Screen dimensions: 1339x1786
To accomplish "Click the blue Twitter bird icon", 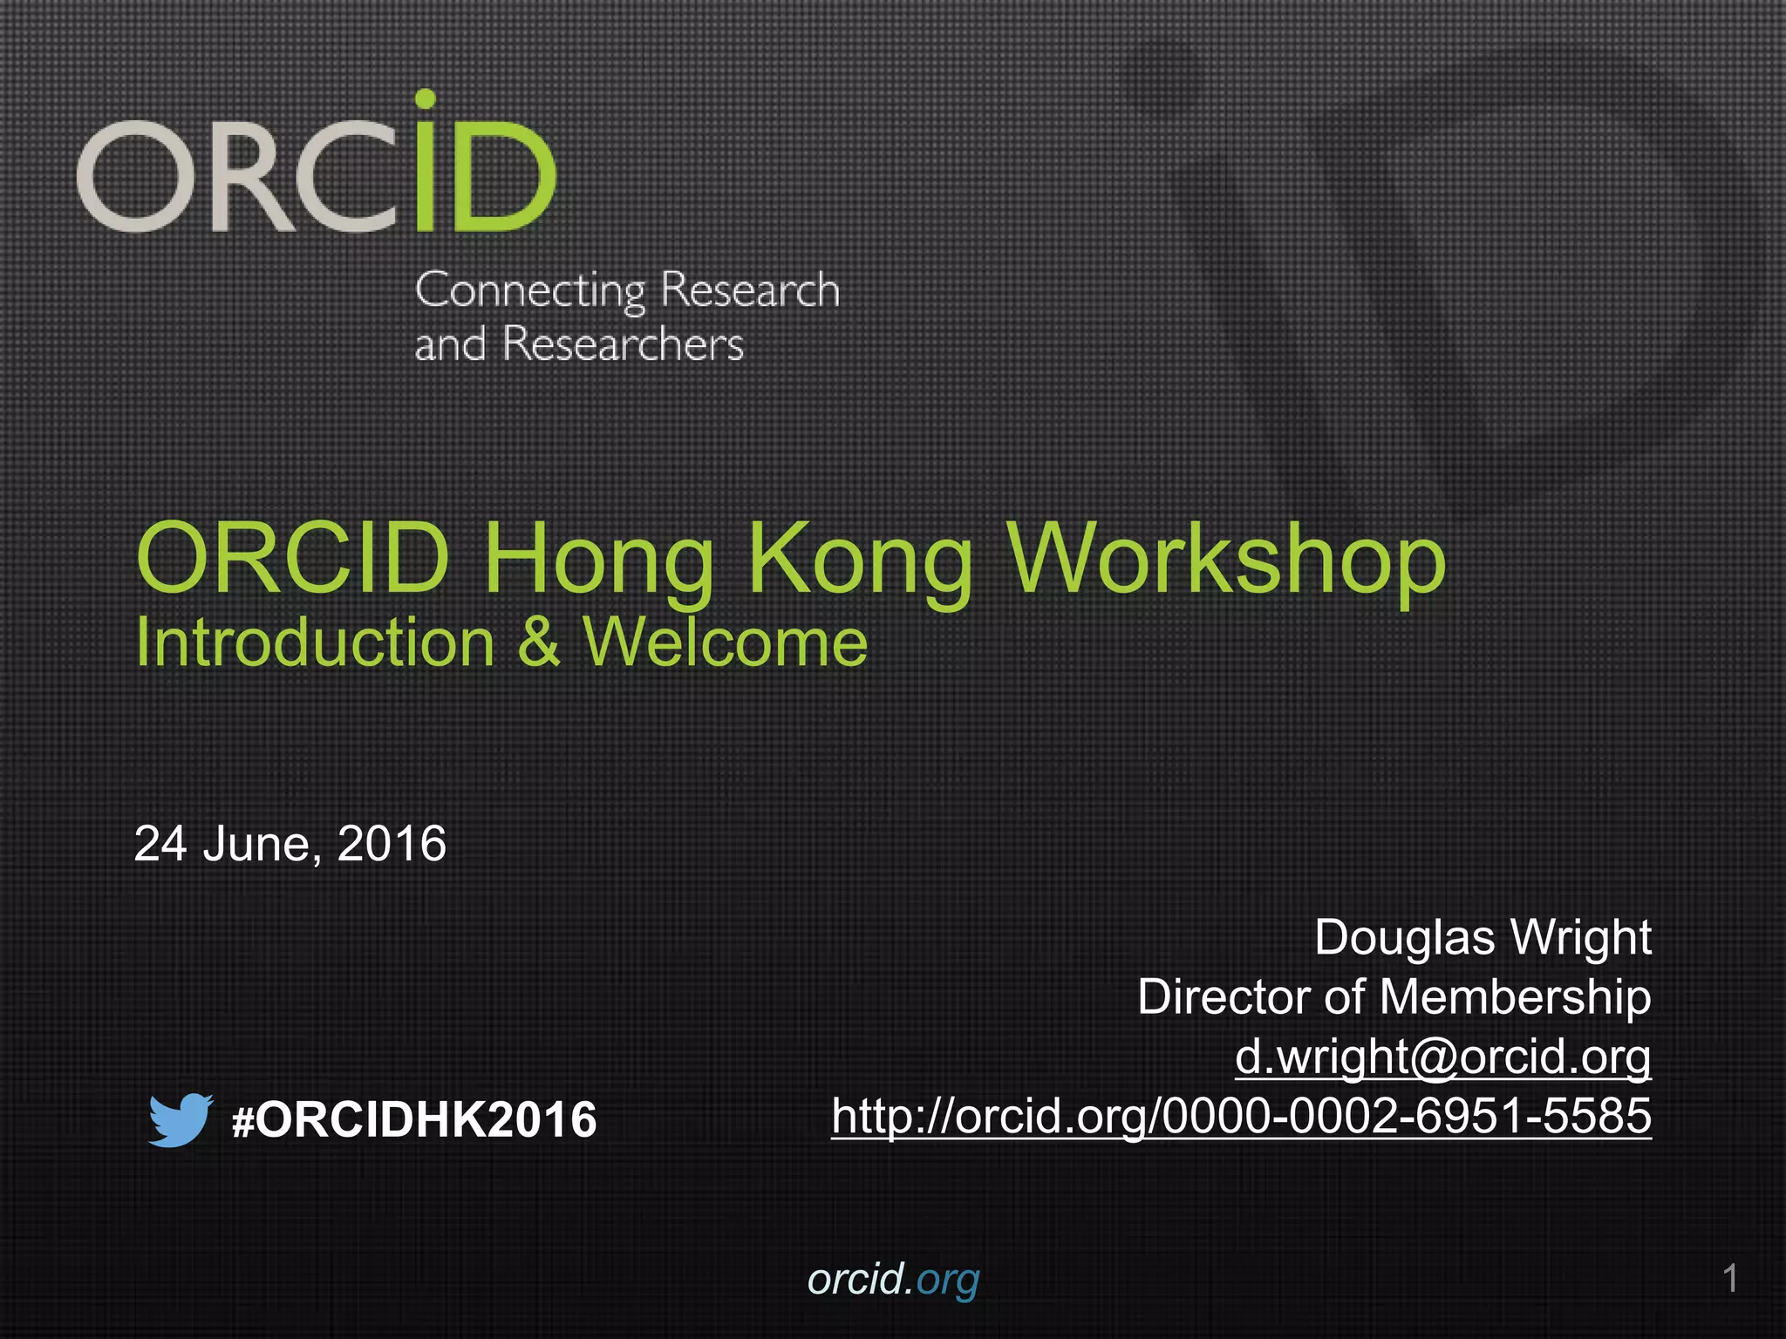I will (180, 1119).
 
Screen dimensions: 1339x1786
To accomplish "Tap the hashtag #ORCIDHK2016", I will (414, 1120).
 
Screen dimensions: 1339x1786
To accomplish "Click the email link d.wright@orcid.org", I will (1442, 1057).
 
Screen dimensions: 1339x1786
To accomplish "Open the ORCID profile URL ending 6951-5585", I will (1241, 1116).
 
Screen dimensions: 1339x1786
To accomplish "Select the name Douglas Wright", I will (1482, 938).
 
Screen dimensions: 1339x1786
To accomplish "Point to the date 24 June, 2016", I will (290, 844).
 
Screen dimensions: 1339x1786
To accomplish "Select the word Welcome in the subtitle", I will (726, 643).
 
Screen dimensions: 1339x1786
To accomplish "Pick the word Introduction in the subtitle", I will (315, 643).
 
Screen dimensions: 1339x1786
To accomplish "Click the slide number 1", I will (1730, 1279).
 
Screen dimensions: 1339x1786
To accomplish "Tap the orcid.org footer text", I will (893, 1280).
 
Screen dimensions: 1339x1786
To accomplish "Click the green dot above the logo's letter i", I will (425, 99).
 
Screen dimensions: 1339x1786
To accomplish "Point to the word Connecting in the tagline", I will (529, 291).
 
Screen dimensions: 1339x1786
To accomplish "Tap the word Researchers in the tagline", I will (623, 344).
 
